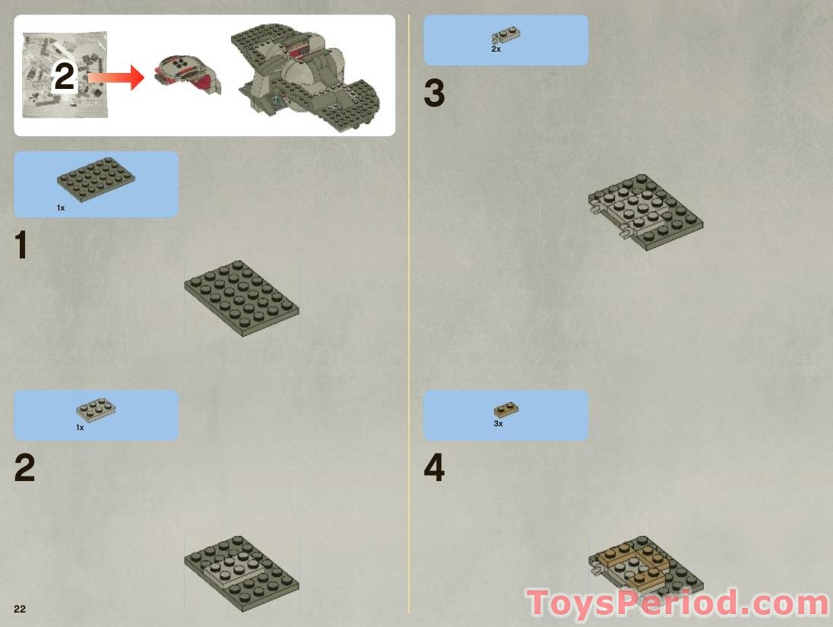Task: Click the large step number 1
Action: (x=21, y=245)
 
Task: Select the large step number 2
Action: (x=24, y=467)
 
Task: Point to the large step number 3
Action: (x=434, y=93)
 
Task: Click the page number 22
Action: (x=20, y=609)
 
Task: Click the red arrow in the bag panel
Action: (x=116, y=78)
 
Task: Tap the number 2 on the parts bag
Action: (x=65, y=77)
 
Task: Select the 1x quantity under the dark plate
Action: (x=61, y=207)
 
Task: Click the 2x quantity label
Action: (x=496, y=49)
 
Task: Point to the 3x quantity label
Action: (x=499, y=423)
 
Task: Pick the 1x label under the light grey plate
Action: (x=80, y=427)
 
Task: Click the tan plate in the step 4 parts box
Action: (x=506, y=410)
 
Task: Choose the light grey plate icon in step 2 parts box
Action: (x=97, y=408)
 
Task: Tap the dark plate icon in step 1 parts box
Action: (x=96, y=179)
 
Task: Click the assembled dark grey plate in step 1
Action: (x=242, y=298)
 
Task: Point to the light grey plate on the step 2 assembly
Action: (x=234, y=568)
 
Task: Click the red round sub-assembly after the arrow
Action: (x=188, y=74)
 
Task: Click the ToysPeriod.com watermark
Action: (x=678, y=603)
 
